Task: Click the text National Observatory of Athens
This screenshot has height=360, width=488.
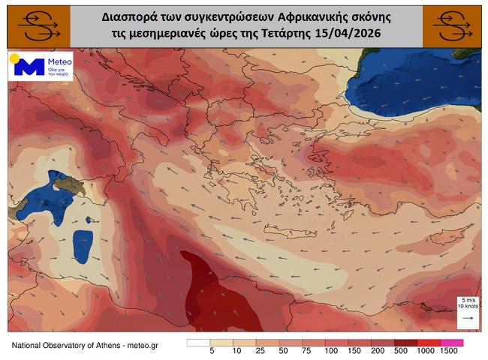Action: [x=64, y=344]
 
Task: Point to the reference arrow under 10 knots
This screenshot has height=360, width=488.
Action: [x=467, y=318]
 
